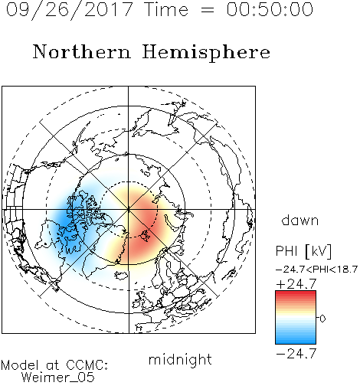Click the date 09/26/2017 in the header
point(69,9)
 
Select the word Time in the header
point(166,9)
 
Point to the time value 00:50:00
point(270,9)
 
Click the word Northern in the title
point(82,51)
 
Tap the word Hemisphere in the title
point(206,52)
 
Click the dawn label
point(300,220)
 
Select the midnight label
point(180,359)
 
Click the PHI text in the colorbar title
point(286,251)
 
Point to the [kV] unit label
point(319,251)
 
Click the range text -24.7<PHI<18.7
point(316,270)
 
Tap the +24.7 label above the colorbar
point(296,284)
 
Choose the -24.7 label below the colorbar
point(296,354)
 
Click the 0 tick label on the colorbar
point(322,319)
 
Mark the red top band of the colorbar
point(296,293)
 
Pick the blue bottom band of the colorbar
point(296,341)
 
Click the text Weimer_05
point(58,378)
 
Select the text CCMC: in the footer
point(87,365)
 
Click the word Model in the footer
point(20,365)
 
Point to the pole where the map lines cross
point(129,210)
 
